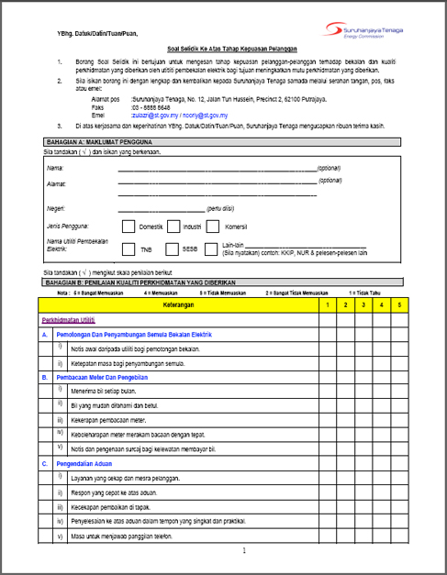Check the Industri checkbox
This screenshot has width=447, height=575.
pos(171,226)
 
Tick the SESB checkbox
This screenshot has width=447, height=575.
pos(171,248)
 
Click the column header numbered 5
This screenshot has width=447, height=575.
pos(399,304)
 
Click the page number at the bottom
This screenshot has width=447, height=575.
pos(244,552)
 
